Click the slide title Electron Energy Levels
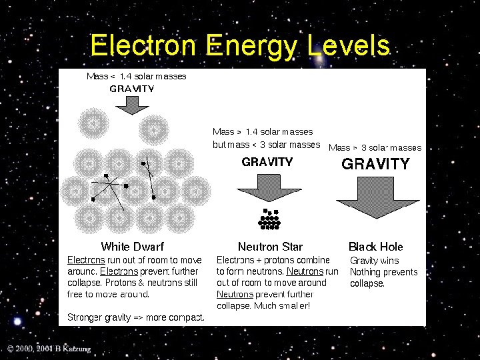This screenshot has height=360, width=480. pos(240,46)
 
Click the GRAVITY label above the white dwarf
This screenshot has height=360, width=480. pos(132,89)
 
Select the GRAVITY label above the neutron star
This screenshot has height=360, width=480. pos(267,161)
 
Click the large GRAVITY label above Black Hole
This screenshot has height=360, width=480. pos(375,164)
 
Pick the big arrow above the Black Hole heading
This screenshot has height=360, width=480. pos(377,197)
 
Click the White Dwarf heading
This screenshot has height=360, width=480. pos(132,247)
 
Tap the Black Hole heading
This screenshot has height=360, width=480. pos(376,247)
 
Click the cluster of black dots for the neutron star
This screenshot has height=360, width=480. pos(270,219)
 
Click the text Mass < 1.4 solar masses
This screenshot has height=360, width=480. pos(137,76)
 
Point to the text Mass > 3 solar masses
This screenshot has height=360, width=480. pos(375,147)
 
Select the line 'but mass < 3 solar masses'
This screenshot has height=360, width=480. pos(266,145)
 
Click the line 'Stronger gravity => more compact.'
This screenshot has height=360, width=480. pos(136,317)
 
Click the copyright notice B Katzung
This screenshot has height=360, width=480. pos(49,349)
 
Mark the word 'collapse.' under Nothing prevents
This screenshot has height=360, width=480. pos(367,283)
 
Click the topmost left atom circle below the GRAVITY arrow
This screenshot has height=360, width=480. pos(93,124)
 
